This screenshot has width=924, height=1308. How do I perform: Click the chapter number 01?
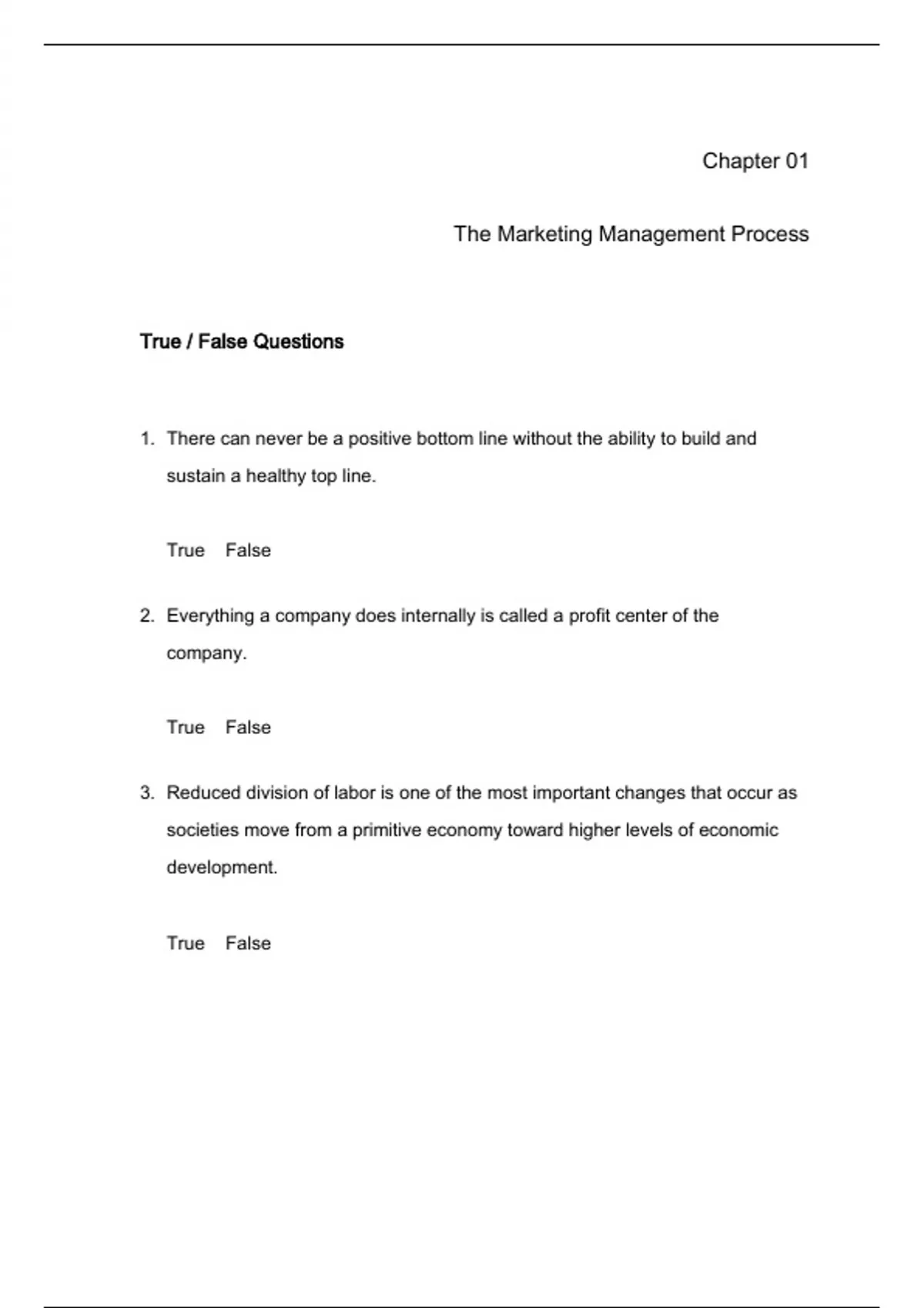797,161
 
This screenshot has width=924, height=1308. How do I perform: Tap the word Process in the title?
770,234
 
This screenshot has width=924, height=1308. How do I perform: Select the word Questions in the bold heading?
298,342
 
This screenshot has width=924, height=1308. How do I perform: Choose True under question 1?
186,550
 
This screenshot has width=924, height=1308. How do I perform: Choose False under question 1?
248,550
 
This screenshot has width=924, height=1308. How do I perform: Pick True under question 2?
186,727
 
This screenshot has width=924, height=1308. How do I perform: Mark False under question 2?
248,727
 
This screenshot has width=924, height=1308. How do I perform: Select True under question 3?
186,943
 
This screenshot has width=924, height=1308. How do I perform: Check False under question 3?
248,943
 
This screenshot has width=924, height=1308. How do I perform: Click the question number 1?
146,439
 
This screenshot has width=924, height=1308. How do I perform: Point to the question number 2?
146,616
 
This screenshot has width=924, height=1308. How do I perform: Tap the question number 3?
146,792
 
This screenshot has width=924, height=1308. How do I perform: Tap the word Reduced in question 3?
203,792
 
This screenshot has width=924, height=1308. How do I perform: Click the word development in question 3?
221,867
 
